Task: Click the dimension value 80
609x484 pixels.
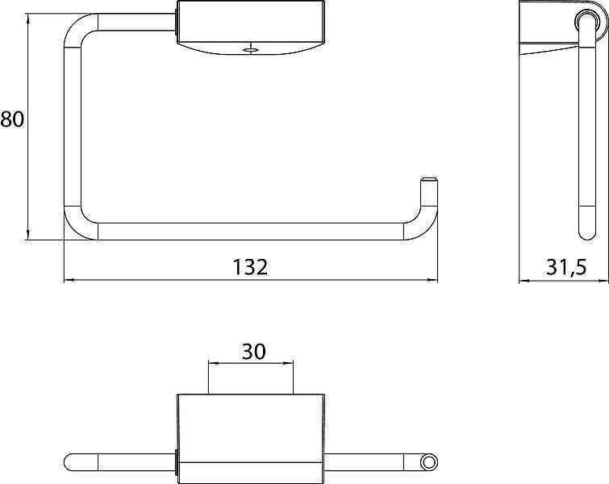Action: (12, 119)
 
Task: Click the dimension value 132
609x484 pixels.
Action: (250, 267)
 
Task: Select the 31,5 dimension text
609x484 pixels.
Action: (566, 267)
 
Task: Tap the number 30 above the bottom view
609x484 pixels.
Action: (253, 351)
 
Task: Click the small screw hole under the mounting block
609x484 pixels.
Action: (251, 50)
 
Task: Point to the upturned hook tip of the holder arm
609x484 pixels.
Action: (429, 181)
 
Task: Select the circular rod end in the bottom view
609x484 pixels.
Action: (428, 462)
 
